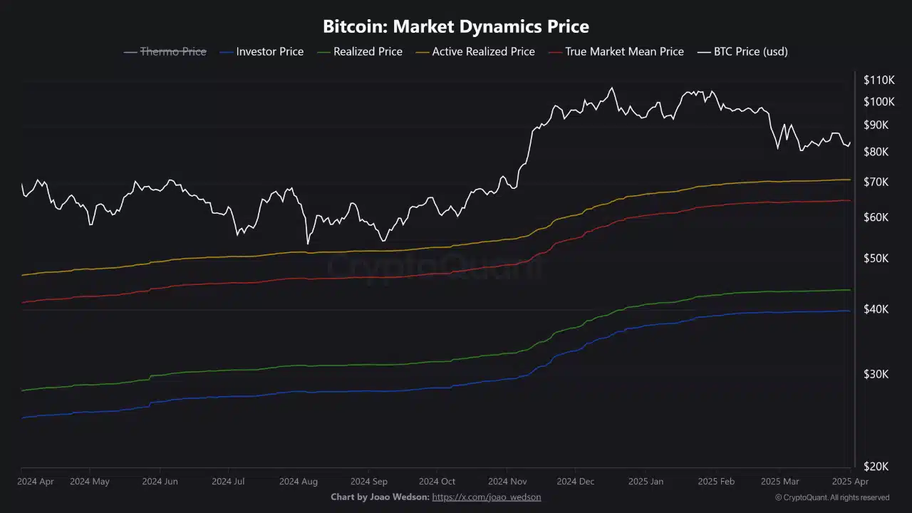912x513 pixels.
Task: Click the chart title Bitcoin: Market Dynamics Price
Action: pyautogui.click(x=456, y=27)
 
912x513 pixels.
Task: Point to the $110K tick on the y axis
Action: pyautogui.click(x=879, y=80)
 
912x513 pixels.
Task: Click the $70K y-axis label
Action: pyautogui.click(x=876, y=182)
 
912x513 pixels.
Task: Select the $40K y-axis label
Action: pyautogui.click(x=876, y=309)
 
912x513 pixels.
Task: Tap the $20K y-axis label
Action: pyautogui.click(x=876, y=466)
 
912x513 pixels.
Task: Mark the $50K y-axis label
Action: pyautogui.click(x=876, y=258)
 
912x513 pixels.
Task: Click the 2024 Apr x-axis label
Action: pyautogui.click(x=36, y=482)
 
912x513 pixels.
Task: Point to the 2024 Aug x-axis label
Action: pyautogui.click(x=299, y=482)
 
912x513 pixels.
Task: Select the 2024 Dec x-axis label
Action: pyautogui.click(x=575, y=482)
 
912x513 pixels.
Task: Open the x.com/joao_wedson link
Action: pyautogui.click(x=487, y=497)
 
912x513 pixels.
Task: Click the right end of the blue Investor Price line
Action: pyautogui.click(x=849, y=311)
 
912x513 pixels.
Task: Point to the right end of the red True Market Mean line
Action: pyautogui.click(x=849, y=200)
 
